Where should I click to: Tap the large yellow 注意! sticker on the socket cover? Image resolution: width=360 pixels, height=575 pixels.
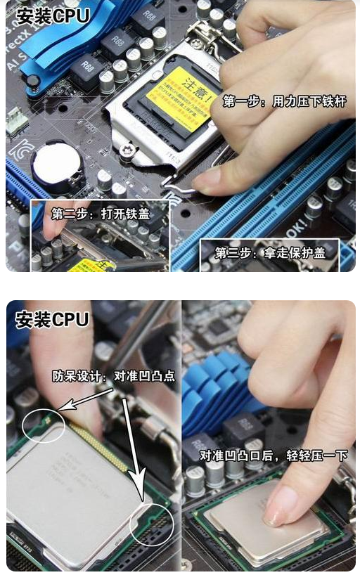(x=180, y=99)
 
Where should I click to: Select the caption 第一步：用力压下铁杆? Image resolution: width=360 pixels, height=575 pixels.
(x=285, y=102)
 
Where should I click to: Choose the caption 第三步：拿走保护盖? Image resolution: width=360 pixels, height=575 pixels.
(x=269, y=252)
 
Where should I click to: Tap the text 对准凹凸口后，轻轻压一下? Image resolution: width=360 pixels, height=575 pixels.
(x=274, y=456)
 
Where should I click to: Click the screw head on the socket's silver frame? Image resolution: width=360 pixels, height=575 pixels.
(x=127, y=149)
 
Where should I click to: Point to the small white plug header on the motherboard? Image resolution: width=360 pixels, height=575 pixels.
(x=17, y=121)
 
